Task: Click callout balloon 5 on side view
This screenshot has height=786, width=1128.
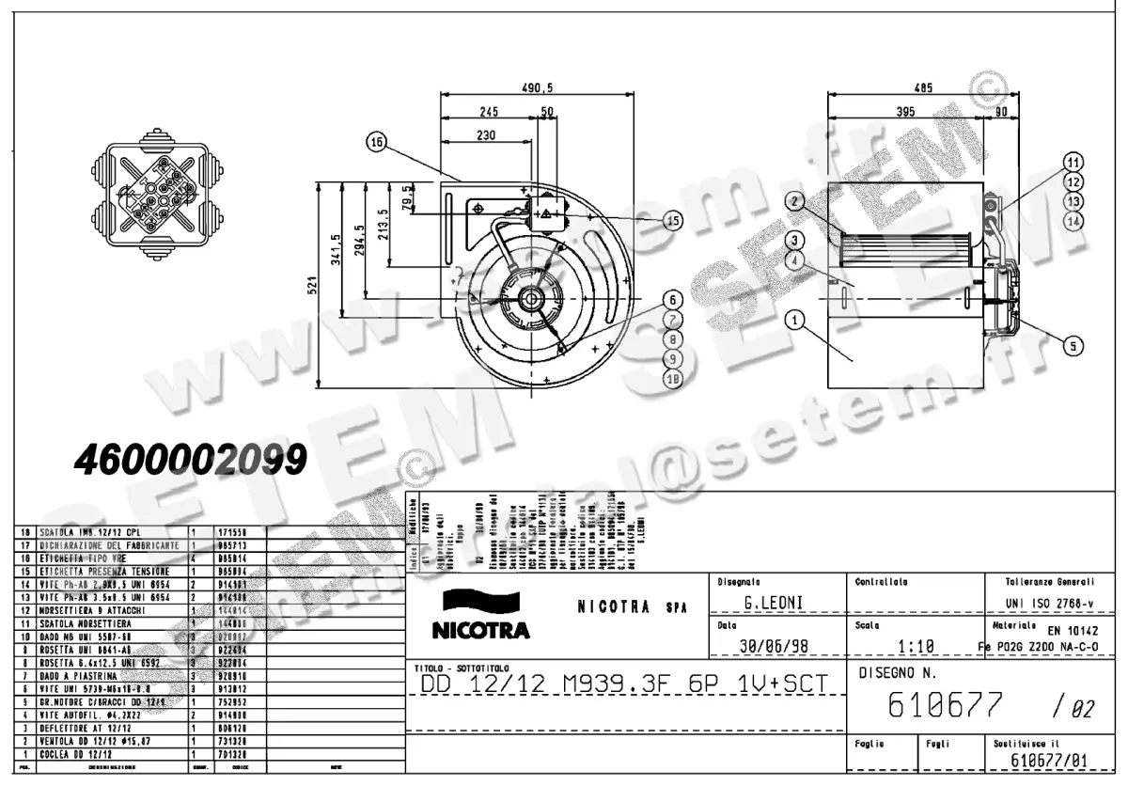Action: (x=1073, y=345)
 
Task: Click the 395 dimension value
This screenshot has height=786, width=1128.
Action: (x=903, y=111)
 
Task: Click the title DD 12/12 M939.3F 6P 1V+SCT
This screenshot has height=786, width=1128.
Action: (x=620, y=684)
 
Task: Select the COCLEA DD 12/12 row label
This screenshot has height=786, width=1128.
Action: (x=71, y=753)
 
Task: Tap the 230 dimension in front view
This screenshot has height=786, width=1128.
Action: (x=485, y=134)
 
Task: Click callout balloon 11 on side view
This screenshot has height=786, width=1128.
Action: (x=1073, y=160)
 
